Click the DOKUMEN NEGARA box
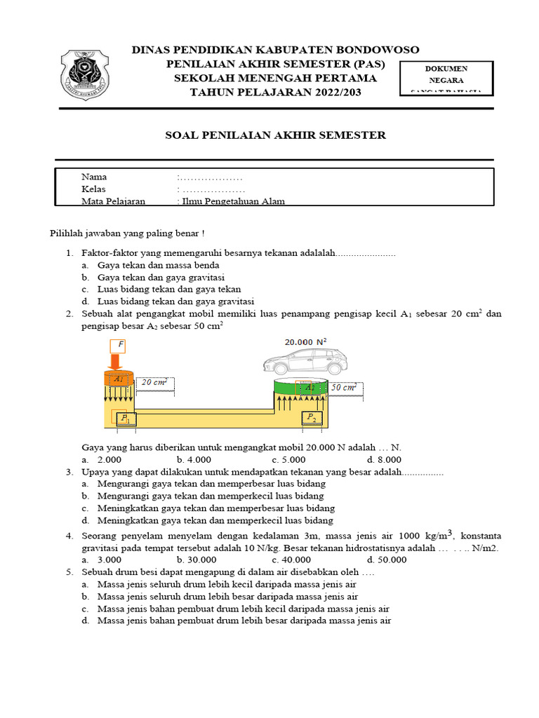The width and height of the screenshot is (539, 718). click(x=446, y=79)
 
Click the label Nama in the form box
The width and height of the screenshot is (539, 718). click(x=94, y=177)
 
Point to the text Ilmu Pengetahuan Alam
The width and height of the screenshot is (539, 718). click(x=234, y=202)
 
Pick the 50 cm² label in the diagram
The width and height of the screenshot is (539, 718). click(x=345, y=387)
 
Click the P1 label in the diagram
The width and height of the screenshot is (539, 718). click(x=126, y=418)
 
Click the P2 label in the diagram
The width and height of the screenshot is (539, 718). click(x=310, y=418)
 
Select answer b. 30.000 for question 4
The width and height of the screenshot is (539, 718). click(x=194, y=560)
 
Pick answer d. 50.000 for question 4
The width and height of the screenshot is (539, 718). click(x=387, y=560)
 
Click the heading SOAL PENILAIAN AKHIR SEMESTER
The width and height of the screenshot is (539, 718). click(x=275, y=135)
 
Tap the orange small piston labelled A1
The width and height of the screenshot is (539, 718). click(x=118, y=379)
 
